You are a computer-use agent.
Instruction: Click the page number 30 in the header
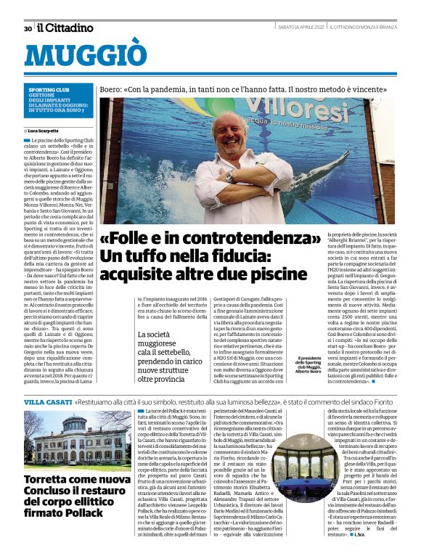[x=28, y=28]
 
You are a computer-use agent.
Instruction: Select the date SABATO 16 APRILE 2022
[x=301, y=28]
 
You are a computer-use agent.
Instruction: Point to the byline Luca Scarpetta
[x=46, y=129]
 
